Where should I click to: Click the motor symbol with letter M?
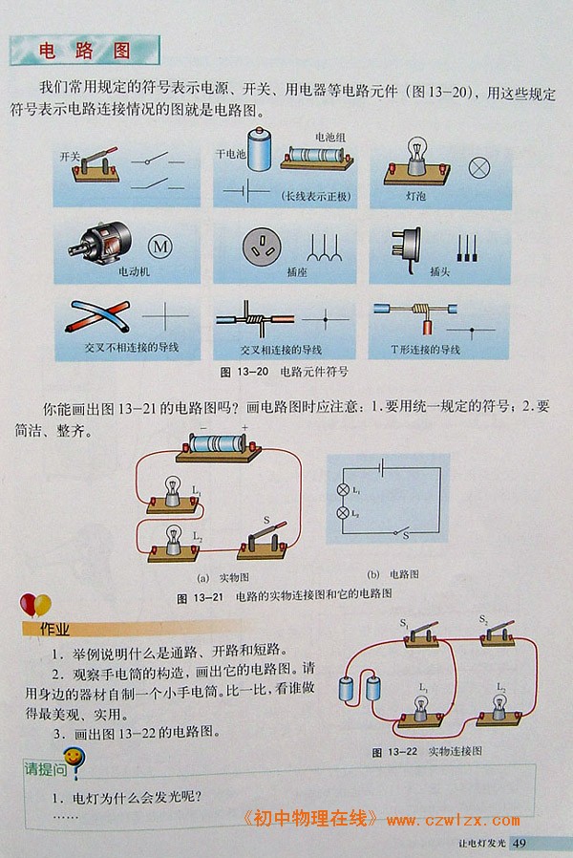click(x=160, y=246)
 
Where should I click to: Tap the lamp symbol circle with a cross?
click(x=479, y=168)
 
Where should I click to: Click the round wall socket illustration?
click(x=262, y=247)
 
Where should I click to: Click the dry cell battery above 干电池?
click(x=259, y=148)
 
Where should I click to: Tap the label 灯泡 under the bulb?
click(x=416, y=195)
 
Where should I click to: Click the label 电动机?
click(x=134, y=270)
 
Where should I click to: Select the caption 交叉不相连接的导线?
click(x=131, y=347)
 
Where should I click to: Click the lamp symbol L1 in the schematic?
click(x=344, y=490)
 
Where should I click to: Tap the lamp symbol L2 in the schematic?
click(x=344, y=513)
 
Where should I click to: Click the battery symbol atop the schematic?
click(x=382, y=467)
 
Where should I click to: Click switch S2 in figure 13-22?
click(x=499, y=633)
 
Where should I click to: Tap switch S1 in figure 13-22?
click(x=422, y=634)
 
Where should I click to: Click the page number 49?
click(x=520, y=843)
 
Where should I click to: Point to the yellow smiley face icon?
click(x=74, y=758)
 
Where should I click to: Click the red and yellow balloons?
click(x=35, y=606)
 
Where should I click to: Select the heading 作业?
click(x=54, y=630)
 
